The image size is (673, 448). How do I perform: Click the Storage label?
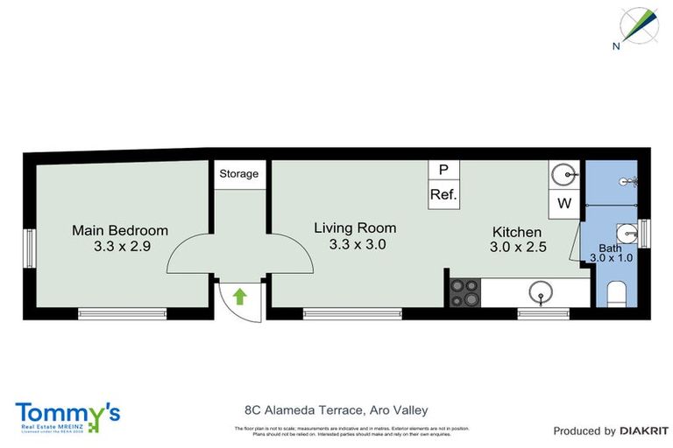(x=238, y=173)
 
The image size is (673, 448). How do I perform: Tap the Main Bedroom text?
(x=120, y=230)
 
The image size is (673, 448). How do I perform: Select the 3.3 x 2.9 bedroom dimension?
(x=122, y=247)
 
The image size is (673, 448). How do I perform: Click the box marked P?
(x=443, y=170)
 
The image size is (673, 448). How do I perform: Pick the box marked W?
(x=564, y=204)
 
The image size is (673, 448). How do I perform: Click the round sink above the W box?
(x=564, y=176)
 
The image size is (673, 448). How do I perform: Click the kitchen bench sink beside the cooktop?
(x=542, y=292)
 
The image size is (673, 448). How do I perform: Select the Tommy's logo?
(x=67, y=416)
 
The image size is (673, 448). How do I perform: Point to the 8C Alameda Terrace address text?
(x=336, y=409)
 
